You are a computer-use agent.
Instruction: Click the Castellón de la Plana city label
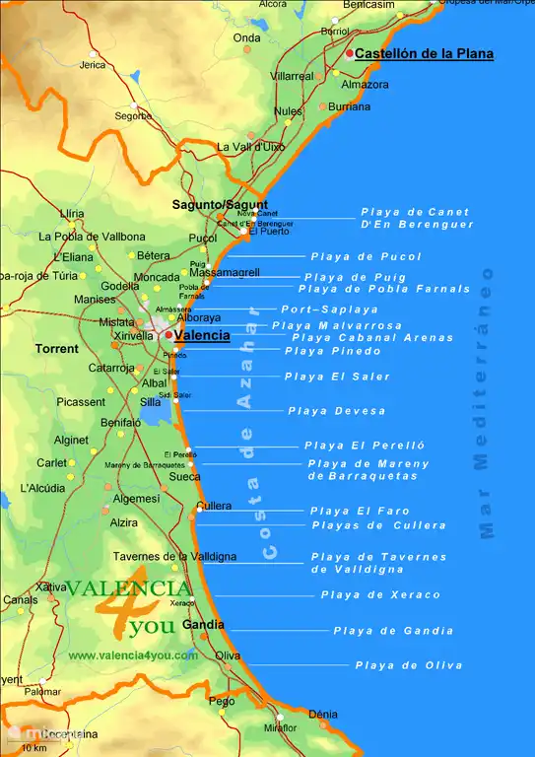[424, 54]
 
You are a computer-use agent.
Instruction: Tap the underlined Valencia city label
[202, 335]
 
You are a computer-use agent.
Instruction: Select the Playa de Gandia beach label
[393, 631]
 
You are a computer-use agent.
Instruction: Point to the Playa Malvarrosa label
[337, 325]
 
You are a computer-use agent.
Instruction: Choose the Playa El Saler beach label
[337, 377]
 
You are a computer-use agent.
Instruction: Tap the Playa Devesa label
[337, 411]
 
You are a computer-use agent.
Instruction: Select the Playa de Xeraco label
[380, 594]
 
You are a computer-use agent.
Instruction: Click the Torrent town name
[56, 349]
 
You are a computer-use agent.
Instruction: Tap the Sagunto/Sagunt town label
[220, 205]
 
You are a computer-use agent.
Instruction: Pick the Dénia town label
[322, 714]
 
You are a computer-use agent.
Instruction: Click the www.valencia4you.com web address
[133, 655]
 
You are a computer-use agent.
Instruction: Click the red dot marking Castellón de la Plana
[350, 53]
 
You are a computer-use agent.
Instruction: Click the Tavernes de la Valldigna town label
[174, 557]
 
